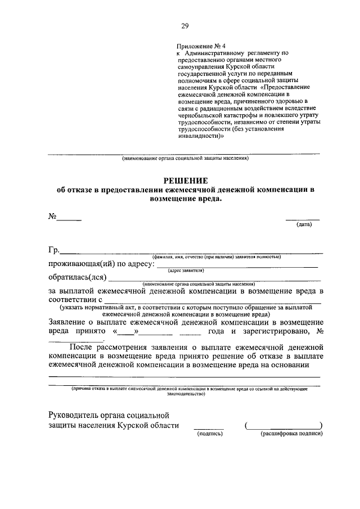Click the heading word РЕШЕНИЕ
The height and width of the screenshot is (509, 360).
[186, 181]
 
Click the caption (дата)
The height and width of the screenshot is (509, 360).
[304, 225]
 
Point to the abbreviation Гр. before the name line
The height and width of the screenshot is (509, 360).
[54, 250]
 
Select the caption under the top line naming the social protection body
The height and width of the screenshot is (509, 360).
[185, 159]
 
